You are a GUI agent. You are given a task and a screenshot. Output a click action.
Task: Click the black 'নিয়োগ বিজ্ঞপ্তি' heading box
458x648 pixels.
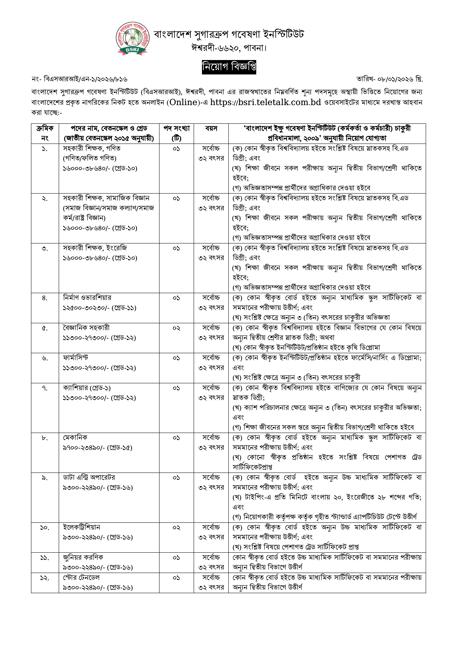point(229,67)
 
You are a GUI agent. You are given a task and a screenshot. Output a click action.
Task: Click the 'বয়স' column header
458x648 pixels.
point(211,129)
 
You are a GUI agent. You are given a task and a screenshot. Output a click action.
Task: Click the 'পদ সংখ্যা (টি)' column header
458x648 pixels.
point(176,133)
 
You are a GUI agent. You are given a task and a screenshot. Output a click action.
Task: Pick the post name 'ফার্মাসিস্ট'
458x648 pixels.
point(76,358)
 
